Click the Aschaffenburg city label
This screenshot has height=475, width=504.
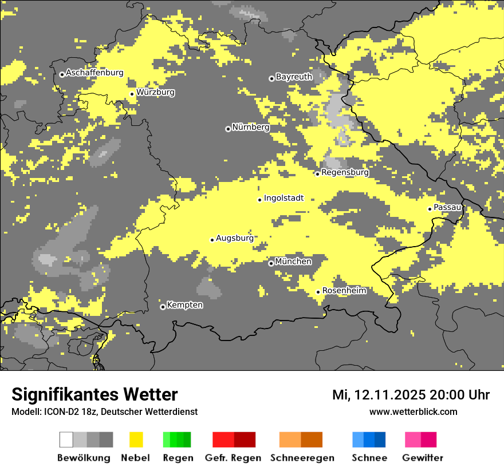point(94,73)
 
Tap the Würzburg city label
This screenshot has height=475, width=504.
point(155,92)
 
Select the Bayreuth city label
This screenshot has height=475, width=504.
point(294,77)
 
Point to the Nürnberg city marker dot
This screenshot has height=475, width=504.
point(228,129)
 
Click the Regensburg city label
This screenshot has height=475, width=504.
point(345,172)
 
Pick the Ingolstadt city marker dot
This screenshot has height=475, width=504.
point(259,200)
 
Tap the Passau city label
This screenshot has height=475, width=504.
point(447,207)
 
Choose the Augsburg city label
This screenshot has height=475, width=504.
point(234,238)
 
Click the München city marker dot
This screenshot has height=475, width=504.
point(271,263)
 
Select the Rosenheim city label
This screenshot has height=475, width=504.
point(344,291)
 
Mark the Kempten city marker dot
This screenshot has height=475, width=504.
point(163,307)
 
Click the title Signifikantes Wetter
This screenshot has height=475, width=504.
point(94,394)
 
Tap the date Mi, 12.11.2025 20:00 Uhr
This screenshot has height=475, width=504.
point(411,395)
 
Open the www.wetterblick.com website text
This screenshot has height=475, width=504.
point(413,411)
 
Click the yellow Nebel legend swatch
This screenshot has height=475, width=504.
point(136,440)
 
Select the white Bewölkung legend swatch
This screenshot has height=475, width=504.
point(66,440)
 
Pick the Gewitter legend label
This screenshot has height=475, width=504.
point(422,458)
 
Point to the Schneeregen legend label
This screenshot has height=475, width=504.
point(302,458)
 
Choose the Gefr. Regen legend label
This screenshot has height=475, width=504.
point(233,458)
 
